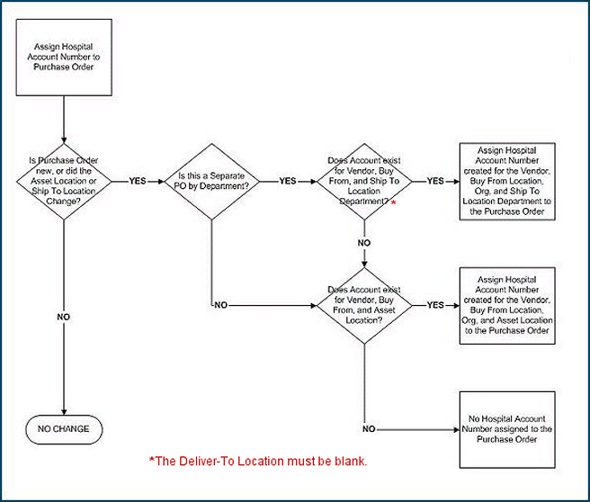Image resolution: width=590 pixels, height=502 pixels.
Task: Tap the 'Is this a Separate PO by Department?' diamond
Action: pos(210,180)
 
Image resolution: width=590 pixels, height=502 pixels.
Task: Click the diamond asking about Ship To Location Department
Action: pos(364,180)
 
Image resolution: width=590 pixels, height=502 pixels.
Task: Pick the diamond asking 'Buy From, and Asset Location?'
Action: pos(364,304)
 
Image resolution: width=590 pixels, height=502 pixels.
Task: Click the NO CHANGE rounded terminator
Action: pos(65,428)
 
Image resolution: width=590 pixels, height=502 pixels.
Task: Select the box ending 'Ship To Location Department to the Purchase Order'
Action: pos(505,180)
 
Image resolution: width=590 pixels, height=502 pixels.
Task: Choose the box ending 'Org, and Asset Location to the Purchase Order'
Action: pos(505,305)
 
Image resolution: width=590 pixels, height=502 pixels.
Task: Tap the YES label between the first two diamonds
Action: pos(138,181)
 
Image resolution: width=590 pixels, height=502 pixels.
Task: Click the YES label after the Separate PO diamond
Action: pos(287,181)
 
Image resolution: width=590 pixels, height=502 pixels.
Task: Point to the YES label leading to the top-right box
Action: pos(435,181)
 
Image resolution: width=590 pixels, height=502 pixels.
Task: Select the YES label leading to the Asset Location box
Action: pos(435,305)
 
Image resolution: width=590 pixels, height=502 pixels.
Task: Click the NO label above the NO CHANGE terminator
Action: pos(64,317)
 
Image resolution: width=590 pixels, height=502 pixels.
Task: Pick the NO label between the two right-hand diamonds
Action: pos(364,243)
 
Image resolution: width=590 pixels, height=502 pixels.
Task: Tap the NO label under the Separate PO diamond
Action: pos(220,305)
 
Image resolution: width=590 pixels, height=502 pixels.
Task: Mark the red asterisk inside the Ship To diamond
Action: pos(394,203)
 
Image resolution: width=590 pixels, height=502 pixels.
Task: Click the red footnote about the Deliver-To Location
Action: pos(258,462)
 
